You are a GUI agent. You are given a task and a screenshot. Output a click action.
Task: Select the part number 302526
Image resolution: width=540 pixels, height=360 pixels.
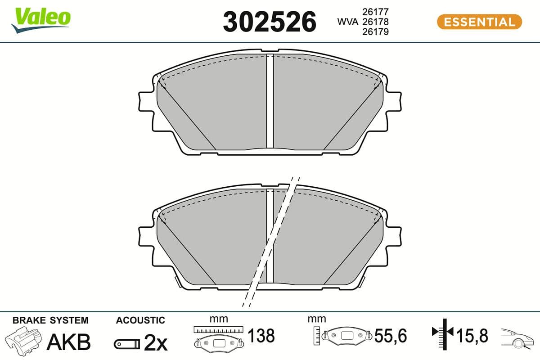pos(270,22)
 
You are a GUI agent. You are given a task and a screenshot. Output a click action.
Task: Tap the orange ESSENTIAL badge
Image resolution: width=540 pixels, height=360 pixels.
pos(479,22)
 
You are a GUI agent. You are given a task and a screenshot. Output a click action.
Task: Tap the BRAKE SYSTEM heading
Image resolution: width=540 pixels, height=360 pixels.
pos(50,320)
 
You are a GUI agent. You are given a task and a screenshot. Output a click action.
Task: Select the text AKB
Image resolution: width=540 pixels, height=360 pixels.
pos(68,342)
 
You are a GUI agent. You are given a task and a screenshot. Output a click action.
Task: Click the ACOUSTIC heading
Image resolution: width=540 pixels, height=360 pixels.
pos(140,320)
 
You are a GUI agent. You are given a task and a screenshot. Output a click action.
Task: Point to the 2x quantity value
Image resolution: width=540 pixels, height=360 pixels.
pos(156,343)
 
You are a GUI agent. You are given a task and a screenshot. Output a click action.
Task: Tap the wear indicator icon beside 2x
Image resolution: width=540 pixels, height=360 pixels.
pos(126,344)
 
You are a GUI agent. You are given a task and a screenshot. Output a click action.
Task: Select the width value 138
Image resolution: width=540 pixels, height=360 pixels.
pos(261,336)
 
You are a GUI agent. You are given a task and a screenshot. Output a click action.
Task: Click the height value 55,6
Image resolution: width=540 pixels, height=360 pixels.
pos(390,336)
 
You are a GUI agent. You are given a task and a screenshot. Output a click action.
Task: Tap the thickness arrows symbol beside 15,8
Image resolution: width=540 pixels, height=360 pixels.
pos(444,333)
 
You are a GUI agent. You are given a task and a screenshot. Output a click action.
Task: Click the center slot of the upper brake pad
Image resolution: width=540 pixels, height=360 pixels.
pos(270,101)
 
